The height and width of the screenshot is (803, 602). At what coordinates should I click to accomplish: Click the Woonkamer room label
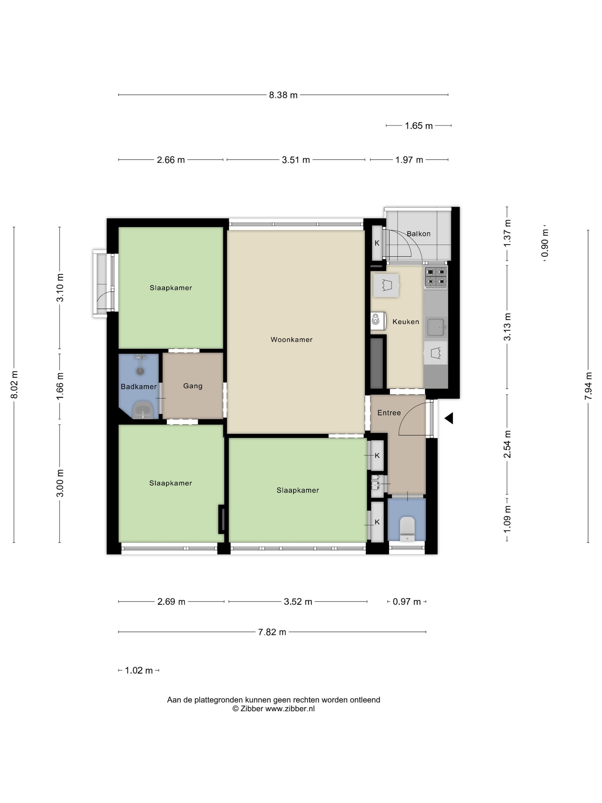tap(291, 340)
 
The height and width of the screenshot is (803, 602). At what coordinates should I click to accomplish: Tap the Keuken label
tap(406, 322)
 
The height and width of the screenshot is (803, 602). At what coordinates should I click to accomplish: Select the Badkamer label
tap(139, 387)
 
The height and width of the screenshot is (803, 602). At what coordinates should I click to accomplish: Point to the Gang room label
tap(193, 386)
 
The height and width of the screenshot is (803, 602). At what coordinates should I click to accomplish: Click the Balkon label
tap(418, 234)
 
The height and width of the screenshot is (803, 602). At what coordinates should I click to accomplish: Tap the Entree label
tap(389, 413)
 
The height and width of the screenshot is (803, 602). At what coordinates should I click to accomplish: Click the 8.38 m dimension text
tap(283, 95)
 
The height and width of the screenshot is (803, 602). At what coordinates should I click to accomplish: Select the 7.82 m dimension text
tap(272, 632)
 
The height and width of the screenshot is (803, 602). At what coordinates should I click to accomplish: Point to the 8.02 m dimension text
tap(15, 385)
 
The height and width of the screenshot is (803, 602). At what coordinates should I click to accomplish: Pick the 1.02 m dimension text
tap(139, 671)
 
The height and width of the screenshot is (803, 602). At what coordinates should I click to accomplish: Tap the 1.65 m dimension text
tap(419, 126)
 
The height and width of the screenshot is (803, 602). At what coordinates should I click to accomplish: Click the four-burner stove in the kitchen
tap(436, 277)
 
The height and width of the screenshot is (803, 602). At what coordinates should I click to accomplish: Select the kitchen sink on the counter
tap(436, 327)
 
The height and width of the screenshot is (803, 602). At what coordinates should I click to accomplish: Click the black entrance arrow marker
tap(449, 418)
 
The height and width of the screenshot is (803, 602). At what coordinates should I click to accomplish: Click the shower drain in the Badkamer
tap(140, 371)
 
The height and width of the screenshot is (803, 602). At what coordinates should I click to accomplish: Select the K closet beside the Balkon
tap(377, 243)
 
